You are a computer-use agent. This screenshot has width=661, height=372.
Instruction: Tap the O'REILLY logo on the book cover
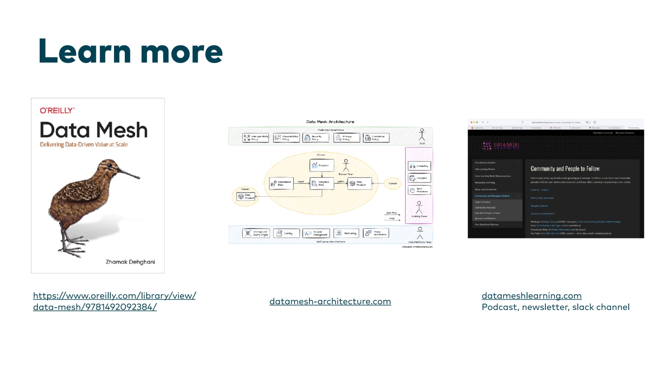57,110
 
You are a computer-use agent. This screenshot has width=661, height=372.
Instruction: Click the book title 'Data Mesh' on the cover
93,130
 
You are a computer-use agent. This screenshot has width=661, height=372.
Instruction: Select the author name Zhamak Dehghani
130,262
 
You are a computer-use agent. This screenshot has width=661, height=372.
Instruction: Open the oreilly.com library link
114,296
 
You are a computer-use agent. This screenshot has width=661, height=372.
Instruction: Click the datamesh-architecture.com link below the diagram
330,302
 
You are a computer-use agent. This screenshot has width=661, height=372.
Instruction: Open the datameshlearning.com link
531,296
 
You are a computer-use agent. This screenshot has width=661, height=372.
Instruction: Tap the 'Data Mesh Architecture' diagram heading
330,122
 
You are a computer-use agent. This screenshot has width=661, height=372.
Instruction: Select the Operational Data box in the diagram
281,183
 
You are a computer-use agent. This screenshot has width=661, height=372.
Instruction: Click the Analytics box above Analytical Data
321,165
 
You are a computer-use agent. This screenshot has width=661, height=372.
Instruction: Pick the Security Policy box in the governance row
316,138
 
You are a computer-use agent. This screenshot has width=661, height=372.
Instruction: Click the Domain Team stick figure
346,165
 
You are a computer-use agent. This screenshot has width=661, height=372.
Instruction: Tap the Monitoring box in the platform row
346,234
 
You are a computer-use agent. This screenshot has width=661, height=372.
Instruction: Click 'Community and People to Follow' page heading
565,169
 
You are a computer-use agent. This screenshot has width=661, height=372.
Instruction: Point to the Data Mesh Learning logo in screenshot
501,146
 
